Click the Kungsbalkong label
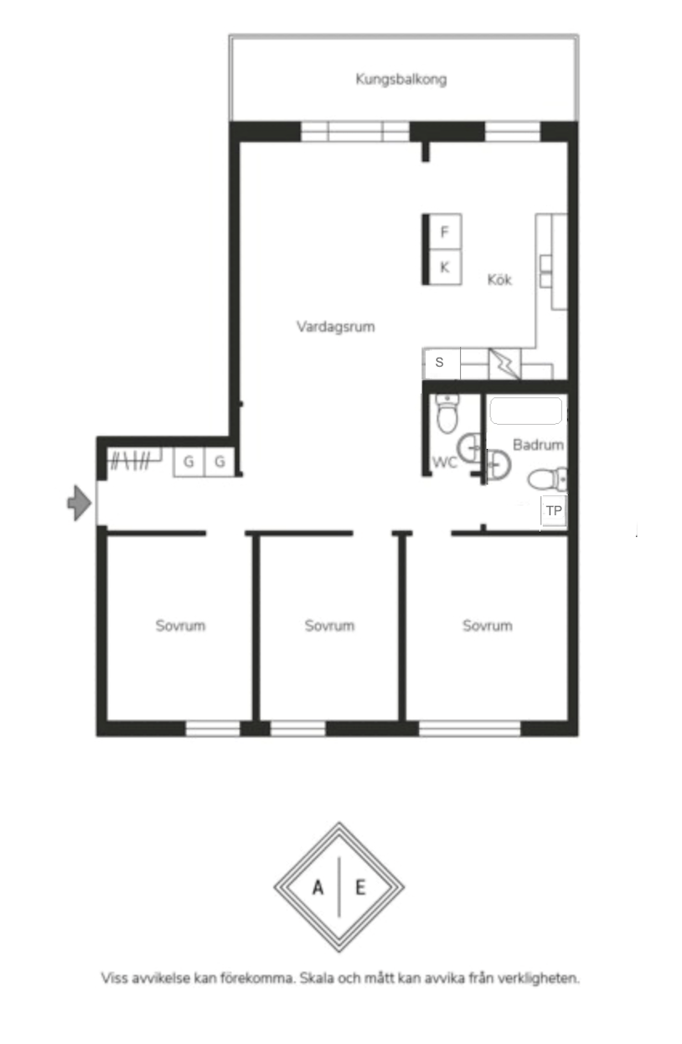pyautogui.click(x=400, y=80)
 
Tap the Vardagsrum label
pyautogui.click(x=336, y=326)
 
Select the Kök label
pyautogui.click(x=499, y=279)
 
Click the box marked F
pyautogui.click(x=445, y=231)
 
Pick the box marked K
pyautogui.click(x=445, y=267)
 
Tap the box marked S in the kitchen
pyautogui.click(x=442, y=363)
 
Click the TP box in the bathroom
pyautogui.click(x=554, y=511)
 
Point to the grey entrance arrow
pyautogui.click(x=80, y=503)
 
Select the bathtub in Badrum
pyautogui.click(x=526, y=411)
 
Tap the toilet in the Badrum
pyautogui.click(x=548, y=478)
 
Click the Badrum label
pyautogui.click(x=539, y=445)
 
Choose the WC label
pyautogui.click(x=444, y=463)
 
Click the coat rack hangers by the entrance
pyautogui.click(x=130, y=461)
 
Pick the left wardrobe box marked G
pyautogui.click(x=189, y=462)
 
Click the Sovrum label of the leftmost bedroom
pyautogui.click(x=180, y=625)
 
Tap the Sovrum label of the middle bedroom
pyautogui.click(x=329, y=625)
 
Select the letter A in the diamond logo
pyautogui.click(x=318, y=888)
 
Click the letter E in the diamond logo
pyautogui.click(x=360, y=888)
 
